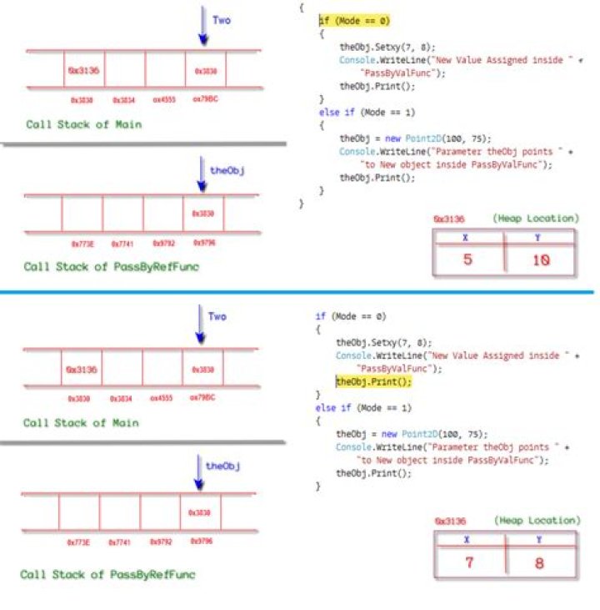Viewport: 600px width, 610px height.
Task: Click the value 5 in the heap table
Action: (467, 260)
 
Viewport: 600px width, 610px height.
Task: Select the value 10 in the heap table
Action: (540, 260)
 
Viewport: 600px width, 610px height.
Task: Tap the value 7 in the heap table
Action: (469, 563)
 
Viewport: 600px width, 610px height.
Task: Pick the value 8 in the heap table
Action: (539, 563)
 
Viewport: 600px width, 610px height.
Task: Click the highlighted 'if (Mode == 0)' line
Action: (354, 20)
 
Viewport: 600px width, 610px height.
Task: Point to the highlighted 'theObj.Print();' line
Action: (374, 381)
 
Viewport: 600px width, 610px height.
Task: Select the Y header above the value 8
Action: (539, 539)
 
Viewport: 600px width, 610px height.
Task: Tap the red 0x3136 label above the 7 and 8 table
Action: (450, 522)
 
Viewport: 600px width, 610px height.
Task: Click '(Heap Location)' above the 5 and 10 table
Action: (534, 219)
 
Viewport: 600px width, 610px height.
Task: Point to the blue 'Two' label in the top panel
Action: (221, 19)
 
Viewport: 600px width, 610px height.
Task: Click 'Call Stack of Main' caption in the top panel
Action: (83, 124)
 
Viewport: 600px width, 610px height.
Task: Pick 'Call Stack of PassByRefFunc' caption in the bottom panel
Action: (108, 575)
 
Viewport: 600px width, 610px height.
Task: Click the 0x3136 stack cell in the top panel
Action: (83, 72)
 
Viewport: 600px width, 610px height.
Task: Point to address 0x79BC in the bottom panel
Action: (202, 398)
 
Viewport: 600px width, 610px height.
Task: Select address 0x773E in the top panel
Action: (82, 244)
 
